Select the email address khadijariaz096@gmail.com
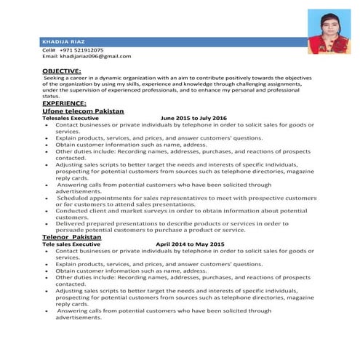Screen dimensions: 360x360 pos(95,56)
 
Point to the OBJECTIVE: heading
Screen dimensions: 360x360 pos(61,70)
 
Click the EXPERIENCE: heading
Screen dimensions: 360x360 pos(63,103)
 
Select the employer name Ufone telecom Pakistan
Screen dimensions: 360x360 pos(83,111)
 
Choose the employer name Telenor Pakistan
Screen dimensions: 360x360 pos(71,237)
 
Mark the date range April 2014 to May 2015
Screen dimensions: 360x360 pos(190,244)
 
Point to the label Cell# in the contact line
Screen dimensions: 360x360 pos(49,49)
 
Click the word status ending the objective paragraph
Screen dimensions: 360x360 pos(51,96)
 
